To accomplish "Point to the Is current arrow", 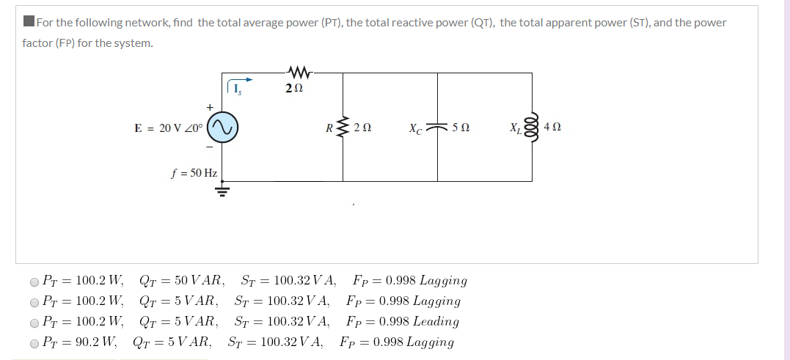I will [241, 80].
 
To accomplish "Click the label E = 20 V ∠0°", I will [170, 128].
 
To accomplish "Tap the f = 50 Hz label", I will [194, 173].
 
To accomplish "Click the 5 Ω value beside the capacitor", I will [461, 128].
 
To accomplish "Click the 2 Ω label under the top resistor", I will [294, 89].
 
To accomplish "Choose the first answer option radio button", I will [34, 281].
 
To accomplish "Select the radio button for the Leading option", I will [34, 322].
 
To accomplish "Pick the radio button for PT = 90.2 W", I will [34, 342].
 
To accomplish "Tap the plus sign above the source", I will [210, 106].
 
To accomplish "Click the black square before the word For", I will [29, 21].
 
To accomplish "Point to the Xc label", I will [416, 128].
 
